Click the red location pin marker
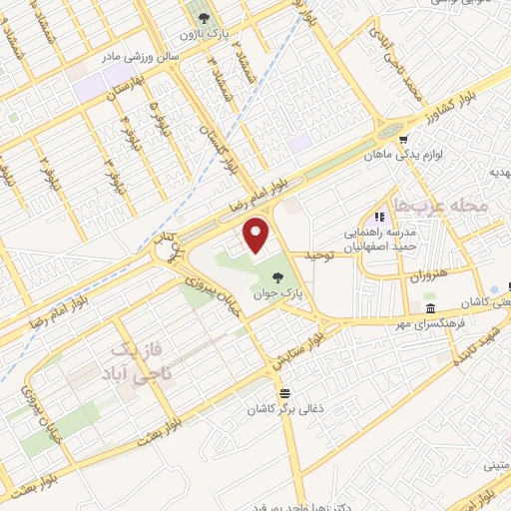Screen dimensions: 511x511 [257, 235]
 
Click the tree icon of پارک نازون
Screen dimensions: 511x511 [203, 17]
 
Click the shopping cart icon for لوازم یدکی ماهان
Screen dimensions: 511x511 [403, 141]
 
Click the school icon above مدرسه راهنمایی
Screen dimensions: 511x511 [378, 217]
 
